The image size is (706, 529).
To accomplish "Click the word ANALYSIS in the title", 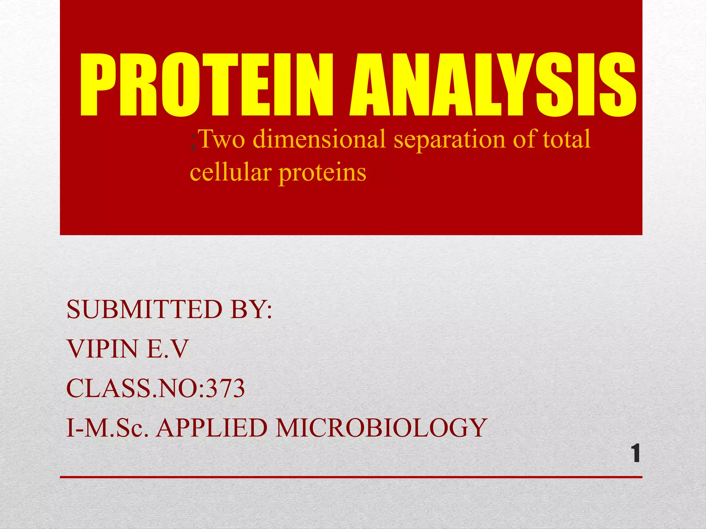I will pos(493,85).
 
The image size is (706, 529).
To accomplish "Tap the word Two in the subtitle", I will pos(222,139).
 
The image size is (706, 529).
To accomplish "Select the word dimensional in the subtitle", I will pos(319,139).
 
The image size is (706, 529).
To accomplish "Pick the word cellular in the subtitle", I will pos(230,172).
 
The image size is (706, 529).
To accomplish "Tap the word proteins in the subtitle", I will pos(322,172).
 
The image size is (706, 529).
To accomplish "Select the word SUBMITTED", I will pos(144,309).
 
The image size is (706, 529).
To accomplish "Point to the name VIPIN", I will pos(102,349).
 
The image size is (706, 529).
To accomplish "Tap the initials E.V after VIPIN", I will pos(168,349).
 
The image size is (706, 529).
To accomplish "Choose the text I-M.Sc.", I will pos(107,428).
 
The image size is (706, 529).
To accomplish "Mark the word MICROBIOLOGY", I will pos(381,428).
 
